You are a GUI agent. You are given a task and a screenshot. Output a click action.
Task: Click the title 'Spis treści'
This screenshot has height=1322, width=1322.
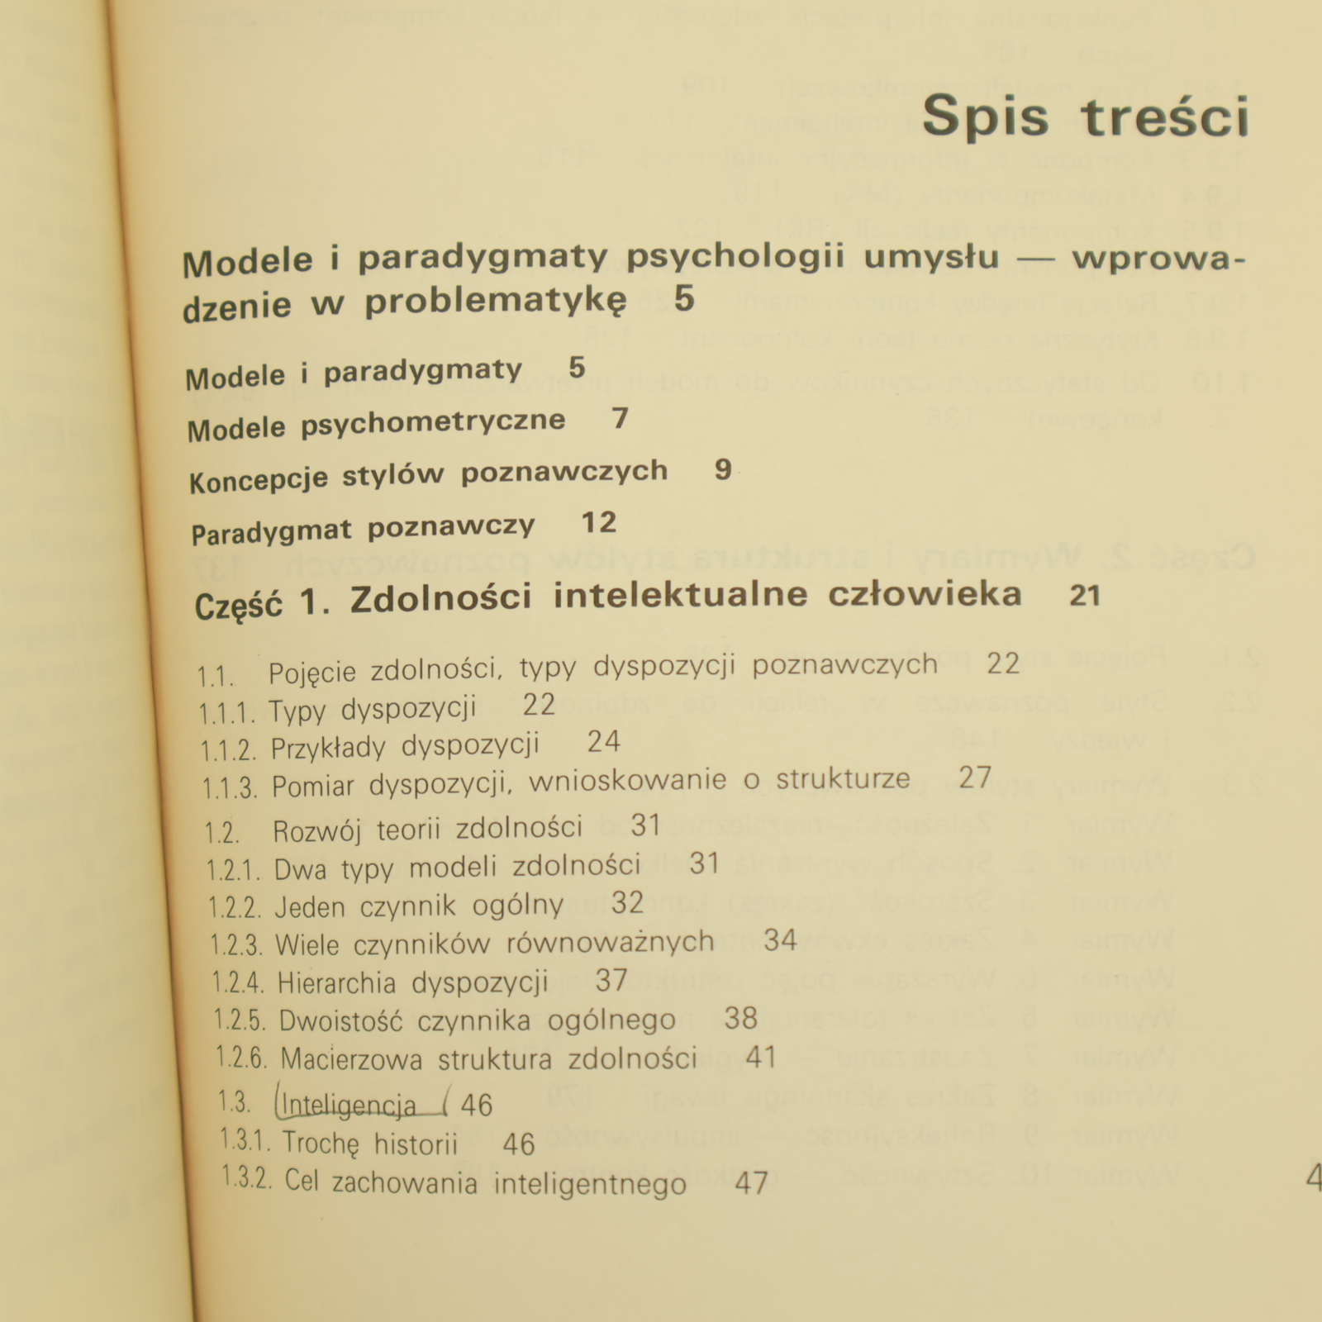tap(1085, 117)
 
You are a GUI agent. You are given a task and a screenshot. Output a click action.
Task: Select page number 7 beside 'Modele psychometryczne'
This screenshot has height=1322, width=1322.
tap(621, 419)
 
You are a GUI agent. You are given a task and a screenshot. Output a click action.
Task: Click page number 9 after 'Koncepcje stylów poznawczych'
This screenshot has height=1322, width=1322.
tap(723, 469)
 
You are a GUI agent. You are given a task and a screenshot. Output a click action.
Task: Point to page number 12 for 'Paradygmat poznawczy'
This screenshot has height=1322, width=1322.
tap(599, 522)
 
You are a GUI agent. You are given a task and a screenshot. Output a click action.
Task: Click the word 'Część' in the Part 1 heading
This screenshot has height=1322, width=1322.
tap(238, 606)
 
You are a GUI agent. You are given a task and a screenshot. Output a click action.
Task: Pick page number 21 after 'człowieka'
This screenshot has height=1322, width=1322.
tap(1084, 595)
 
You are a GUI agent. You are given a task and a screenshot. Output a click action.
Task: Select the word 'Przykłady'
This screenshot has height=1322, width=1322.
tap(328, 749)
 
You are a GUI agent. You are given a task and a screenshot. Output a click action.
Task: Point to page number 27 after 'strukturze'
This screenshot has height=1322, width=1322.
tap(975, 778)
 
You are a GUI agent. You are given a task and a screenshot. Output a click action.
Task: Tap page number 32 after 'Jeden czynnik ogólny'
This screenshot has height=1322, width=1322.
tap(627, 903)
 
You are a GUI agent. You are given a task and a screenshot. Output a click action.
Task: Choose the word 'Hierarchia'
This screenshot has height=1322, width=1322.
tap(336, 983)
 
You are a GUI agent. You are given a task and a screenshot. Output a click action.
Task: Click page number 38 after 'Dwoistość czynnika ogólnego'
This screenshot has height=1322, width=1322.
tap(740, 1018)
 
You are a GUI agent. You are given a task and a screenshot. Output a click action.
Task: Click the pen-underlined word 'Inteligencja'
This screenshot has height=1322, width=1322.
tap(349, 1106)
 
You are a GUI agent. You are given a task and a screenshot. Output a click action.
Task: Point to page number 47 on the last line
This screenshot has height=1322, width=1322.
tap(751, 1183)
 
